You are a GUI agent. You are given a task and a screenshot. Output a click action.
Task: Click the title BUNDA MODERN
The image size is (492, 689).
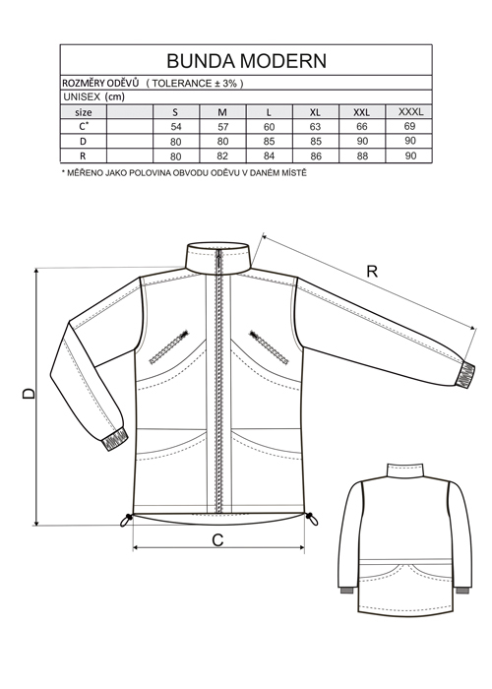tap(246, 61)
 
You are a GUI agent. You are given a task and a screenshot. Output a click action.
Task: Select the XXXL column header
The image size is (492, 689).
tap(410, 111)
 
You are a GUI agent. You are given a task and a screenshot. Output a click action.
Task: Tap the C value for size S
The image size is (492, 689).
tap(176, 127)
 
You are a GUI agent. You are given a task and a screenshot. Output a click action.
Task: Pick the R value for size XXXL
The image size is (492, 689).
tap(410, 156)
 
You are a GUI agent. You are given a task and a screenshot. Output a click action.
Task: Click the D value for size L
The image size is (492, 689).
tap(269, 142)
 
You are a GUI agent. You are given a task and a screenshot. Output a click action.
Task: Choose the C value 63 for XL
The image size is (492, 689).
tap(316, 127)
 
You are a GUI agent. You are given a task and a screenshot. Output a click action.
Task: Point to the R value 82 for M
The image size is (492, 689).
tap(222, 157)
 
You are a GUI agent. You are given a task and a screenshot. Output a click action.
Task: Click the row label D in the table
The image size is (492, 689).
tap(83, 142)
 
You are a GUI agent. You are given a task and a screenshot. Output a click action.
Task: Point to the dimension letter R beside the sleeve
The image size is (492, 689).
tap(372, 272)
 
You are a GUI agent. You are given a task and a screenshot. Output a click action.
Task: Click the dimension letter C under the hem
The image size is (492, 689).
tap(217, 540)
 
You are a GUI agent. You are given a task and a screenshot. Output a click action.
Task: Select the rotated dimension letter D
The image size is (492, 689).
tap(29, 394)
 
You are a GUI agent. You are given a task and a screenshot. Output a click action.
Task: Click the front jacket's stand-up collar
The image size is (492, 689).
tap(217, 258)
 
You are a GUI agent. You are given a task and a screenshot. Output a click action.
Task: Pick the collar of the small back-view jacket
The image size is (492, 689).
tap(405, 471)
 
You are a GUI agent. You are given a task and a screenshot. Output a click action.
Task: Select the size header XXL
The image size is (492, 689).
tap(362, 112)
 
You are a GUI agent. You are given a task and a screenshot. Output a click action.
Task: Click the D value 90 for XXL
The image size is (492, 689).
tap(362, 142)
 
